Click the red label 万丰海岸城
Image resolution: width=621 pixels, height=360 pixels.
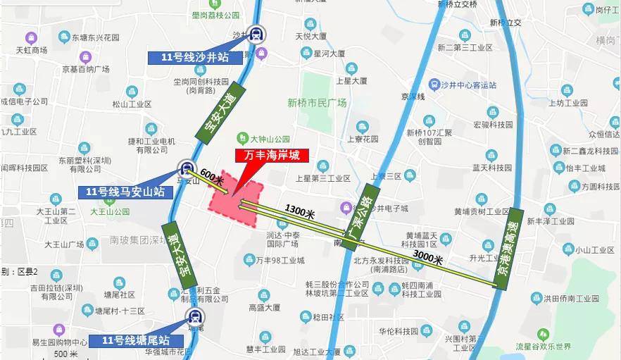(x=267, y=156)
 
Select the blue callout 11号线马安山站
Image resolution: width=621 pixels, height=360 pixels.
(x=125, y=192)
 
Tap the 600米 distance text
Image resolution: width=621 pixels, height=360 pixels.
(x=212, y=177)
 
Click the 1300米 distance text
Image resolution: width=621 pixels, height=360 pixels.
(x=299, y=210)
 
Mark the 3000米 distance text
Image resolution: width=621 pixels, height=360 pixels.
(x=428, y=259)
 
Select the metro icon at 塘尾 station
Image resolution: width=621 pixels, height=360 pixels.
(x=193, y=317)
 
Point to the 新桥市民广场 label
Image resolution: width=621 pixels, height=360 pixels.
(x=317, y=103)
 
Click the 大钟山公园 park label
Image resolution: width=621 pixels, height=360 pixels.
(x=269, y=138)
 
